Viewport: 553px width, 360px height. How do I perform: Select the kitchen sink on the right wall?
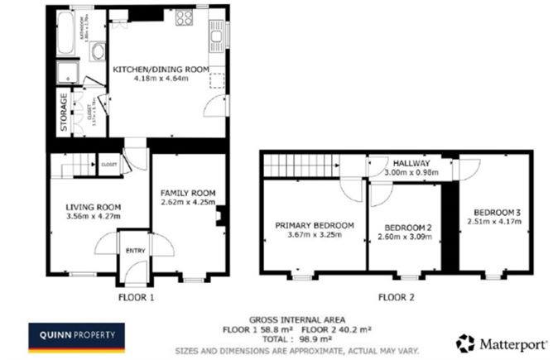[x=219, y=36]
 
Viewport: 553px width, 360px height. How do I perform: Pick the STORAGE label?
[x=63, y=112]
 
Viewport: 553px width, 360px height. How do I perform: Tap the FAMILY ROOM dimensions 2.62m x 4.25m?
[x=188, y=201]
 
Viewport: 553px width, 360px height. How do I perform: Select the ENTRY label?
[x=134, y=251]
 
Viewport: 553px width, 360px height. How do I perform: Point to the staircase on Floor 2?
[x=301, y=166]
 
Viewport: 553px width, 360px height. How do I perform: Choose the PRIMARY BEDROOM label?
[x=315, y=225]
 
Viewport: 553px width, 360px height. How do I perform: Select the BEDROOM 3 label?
[x=492, y=210]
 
